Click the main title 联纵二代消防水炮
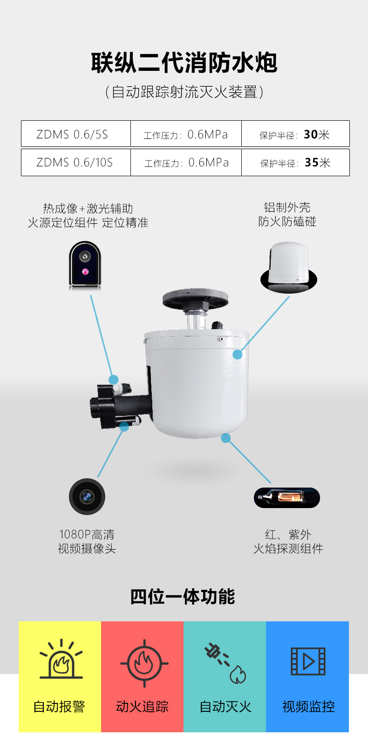click(x=184, y=62)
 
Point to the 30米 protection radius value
click(x=316, y=135)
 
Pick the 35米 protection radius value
click(x=318, y=163)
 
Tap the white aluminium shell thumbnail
click(x=289, y=267)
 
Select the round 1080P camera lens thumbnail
click(x=87, y=496)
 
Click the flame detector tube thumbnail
click(x=286, y=497)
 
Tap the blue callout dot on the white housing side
click(x=238, y=354)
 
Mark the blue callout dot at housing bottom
click(x=226, y=438)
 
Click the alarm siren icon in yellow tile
click(x=61, y=659)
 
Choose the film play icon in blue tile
click(x=308, y=661)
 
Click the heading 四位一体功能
click(x=183, y=597)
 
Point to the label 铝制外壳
click(x=287, y=207)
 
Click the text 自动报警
click(x=59, y=707)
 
